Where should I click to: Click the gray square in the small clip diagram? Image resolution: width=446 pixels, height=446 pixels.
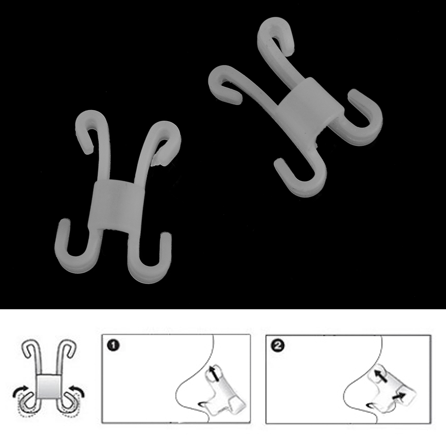[x=49, y=386]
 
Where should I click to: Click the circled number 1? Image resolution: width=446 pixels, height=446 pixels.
[x=114, y=345]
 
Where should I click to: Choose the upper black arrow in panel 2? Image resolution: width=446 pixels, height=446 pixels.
[x=380, y=376]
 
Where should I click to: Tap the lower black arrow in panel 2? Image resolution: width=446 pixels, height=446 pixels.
[x=399, y=396]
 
